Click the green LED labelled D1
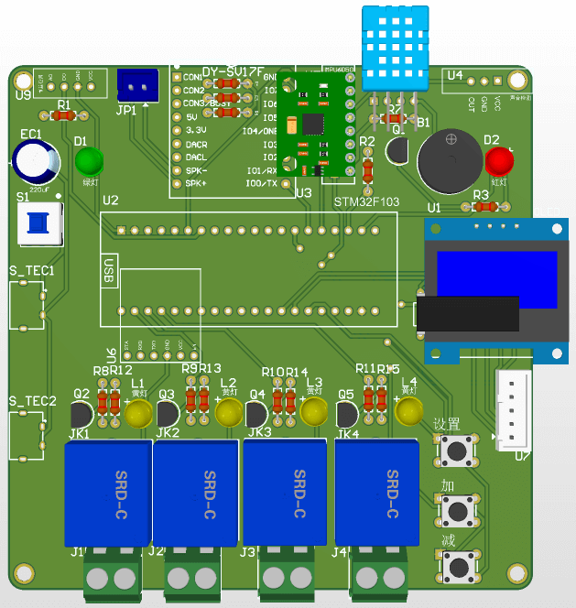coord(89,162)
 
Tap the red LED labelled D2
coord(499,162)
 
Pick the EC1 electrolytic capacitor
coord(36,163)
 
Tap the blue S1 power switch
coord(39,223)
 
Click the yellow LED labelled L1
coord(139,414)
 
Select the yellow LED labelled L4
coord(409,414)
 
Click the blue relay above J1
coord(107,495)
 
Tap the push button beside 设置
coord(457,450)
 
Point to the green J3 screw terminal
coord(287,578)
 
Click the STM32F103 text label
coord(367,201)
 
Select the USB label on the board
coord(109,271)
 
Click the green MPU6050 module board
coord(315,125)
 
